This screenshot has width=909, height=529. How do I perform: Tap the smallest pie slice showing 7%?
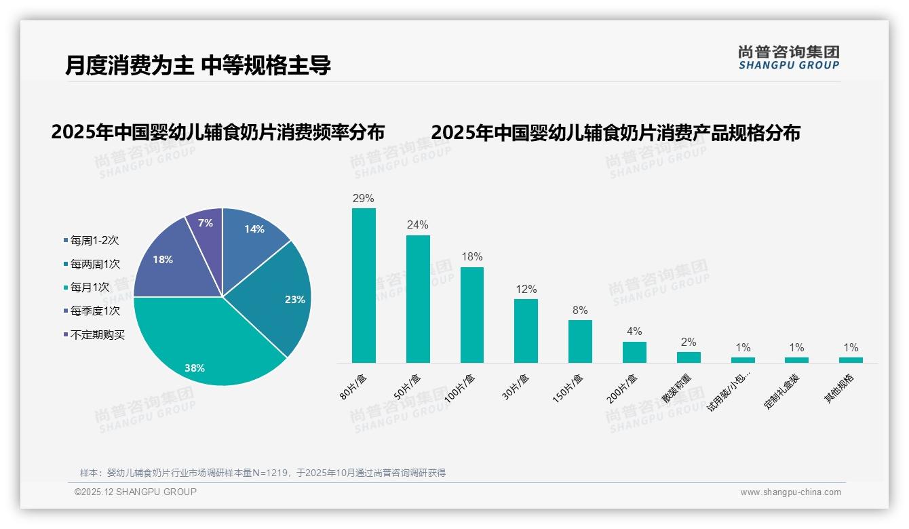point(206,227)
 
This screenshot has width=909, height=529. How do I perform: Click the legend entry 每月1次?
point(90,288)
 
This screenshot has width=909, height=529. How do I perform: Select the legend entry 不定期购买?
point(97,335)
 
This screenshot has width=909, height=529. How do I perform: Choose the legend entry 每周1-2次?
point(94,241)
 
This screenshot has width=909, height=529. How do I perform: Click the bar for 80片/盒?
point(364,285)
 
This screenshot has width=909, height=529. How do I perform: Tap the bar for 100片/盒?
point(472,315)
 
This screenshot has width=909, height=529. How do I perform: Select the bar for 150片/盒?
point(580,341)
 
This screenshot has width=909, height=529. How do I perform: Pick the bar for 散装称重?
point(689,357)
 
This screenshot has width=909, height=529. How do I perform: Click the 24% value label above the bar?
point(418,225)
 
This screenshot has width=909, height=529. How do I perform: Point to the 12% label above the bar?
point(526,289)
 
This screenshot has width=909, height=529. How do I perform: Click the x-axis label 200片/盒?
point(623,389)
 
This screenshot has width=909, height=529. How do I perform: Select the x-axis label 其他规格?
point(839,389)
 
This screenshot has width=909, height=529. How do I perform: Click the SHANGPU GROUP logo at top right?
point(788,58)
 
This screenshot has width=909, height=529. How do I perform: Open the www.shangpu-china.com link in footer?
point(790,492)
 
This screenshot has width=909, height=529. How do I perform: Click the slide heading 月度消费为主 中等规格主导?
point(198,66)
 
